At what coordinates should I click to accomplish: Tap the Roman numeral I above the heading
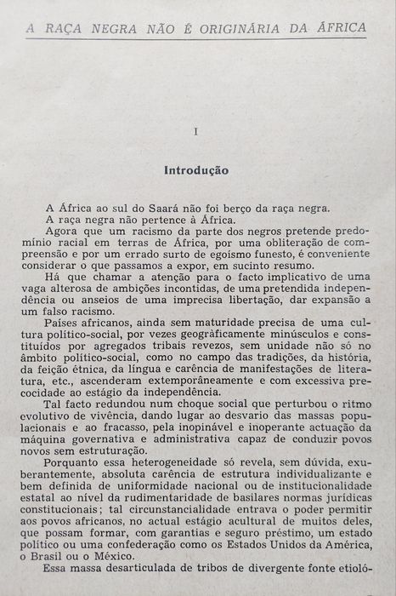[195, 132]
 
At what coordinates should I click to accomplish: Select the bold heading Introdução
[195, 170]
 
